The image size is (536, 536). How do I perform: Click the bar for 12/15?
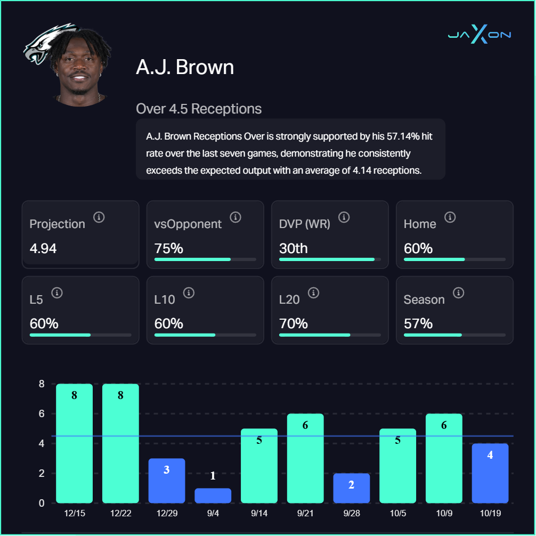[x=75, y=443]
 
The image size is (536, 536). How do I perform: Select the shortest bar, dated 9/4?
[x=213, y=496]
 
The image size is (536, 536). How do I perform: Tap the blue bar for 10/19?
[x=490, y=473]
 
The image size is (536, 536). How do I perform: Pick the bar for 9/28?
[x=352, y=488]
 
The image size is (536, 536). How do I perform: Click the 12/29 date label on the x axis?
[x=167, y=513]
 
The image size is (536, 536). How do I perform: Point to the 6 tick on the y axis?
[x=42, y=413]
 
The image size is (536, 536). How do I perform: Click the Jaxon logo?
[x=480, y=36]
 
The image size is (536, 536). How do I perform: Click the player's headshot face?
[x=81, y=69]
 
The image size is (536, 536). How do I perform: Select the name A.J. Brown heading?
[x=185, y=67]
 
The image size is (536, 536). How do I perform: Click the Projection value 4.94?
[x=43, y=248]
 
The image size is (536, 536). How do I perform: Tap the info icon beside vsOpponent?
[x=235, y=217]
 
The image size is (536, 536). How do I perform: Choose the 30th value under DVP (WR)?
[x=294, y=248]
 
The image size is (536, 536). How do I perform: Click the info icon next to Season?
[x=458, y=293]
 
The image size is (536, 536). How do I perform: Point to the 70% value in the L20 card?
[x=294, y=323]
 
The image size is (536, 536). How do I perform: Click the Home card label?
[x=420, y=224]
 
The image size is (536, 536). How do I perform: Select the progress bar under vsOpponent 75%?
[x=205, y=259]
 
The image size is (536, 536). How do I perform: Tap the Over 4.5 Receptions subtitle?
[x=199, y=109]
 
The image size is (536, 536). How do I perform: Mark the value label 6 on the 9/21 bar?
[x=305, y=425]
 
